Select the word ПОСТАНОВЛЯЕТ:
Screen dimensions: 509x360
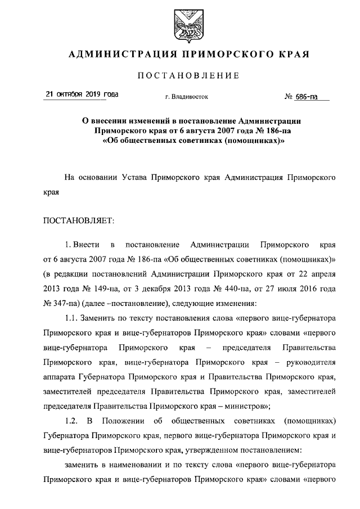click(x=78, y=220)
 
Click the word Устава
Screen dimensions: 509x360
click(x=135, y=177)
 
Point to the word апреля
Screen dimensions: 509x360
click(x=323, y=273)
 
